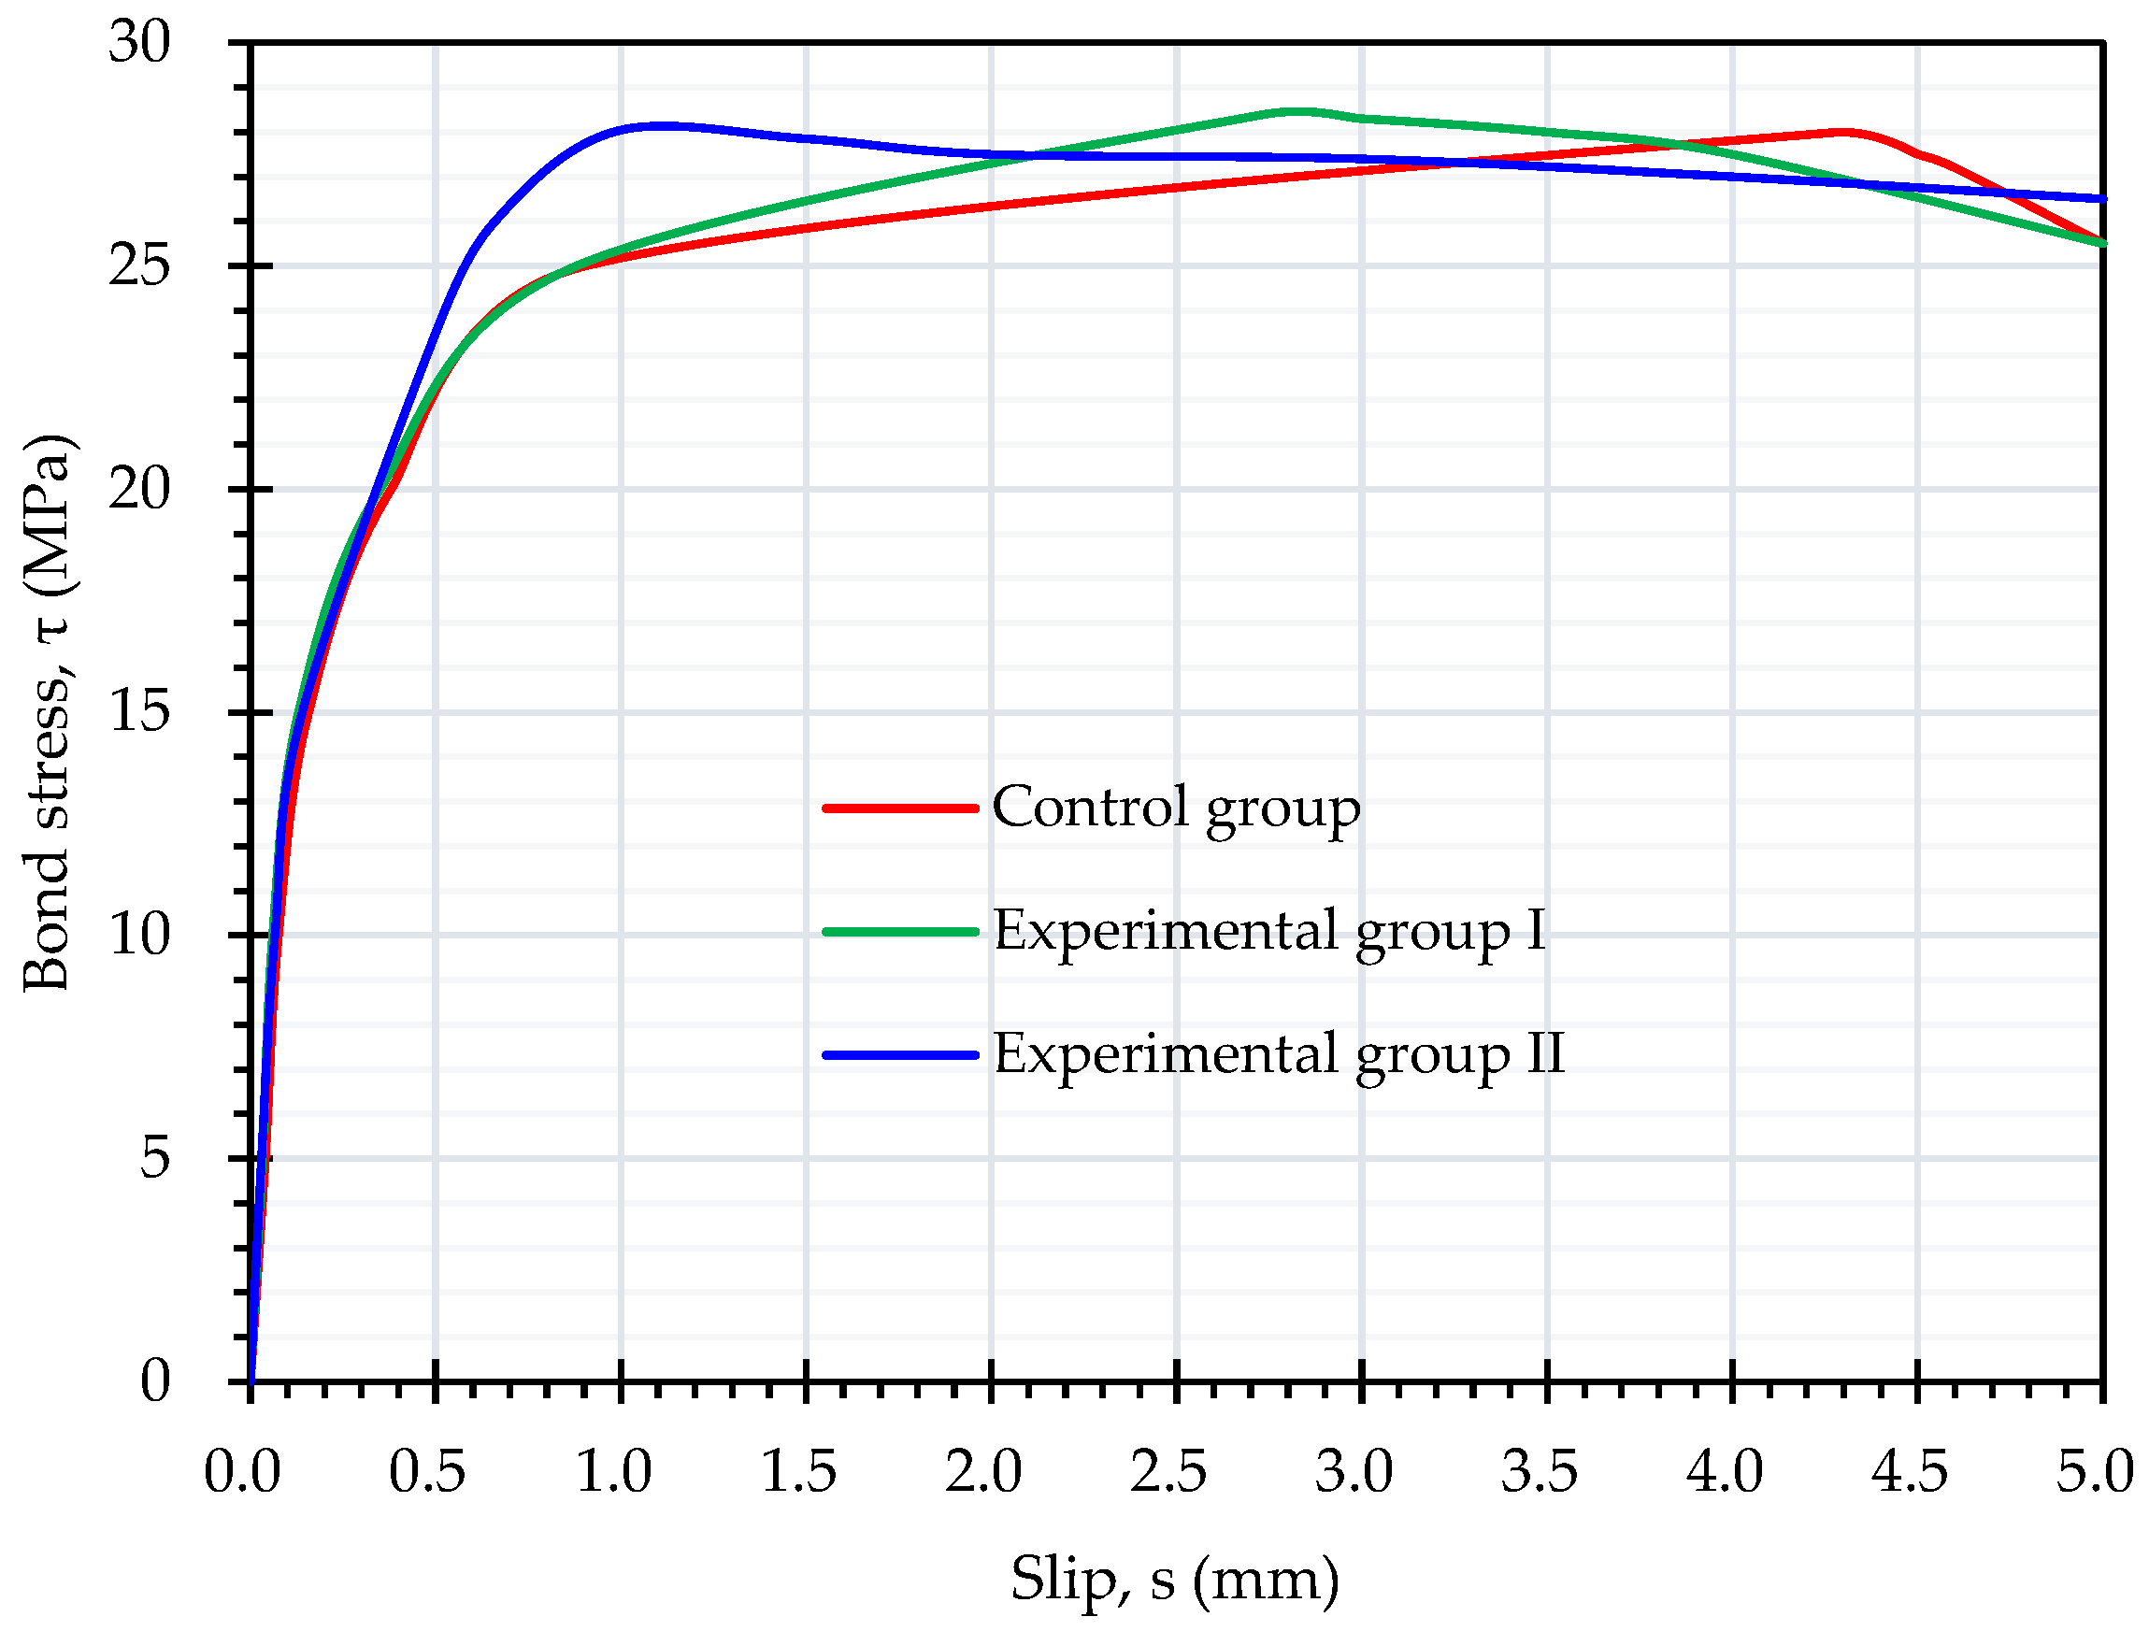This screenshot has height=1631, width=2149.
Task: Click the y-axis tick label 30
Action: pos(139,43)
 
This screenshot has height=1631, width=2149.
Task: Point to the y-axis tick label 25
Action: pos(139,265)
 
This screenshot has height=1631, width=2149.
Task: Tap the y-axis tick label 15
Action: pos(139,712)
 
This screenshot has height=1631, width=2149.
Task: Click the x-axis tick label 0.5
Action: pos(426,1472)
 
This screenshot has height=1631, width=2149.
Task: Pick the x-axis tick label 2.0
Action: pos(983,1472)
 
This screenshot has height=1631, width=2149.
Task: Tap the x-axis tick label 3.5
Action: pos(1539,1472)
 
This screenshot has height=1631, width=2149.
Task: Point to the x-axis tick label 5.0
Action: pos(2095,1472)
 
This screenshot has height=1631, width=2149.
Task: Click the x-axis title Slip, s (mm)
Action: pos(1175,1579)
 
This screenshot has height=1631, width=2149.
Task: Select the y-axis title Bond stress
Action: pos(49,713)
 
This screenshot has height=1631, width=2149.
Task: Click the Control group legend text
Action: pos(1176,808)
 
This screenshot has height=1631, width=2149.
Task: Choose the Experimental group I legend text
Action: pos(1268,931)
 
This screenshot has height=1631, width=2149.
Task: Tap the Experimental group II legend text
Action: pos(1279,1054)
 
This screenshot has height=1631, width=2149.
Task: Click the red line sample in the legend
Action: pos(899,808)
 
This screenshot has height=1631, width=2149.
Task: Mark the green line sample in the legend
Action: pos(899,932)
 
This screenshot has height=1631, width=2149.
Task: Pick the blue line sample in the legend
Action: pos(899,1055)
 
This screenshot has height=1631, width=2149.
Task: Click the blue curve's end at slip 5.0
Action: pos(2100,199)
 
